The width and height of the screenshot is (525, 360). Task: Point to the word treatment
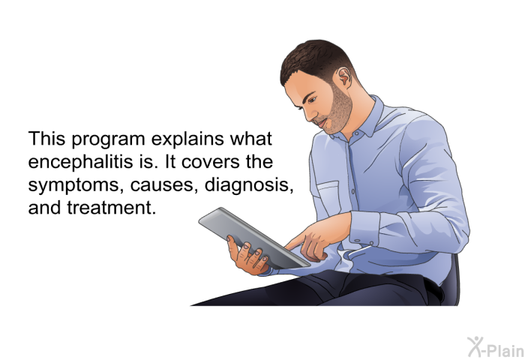tap(112, 208)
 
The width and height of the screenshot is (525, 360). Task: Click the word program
tap(108, 140)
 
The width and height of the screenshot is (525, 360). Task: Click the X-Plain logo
tap(496, 347)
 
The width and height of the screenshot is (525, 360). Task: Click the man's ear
tap(344, 78)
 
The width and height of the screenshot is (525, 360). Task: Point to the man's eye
tap(312, 100)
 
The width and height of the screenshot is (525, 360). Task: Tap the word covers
tap(211, 163)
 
